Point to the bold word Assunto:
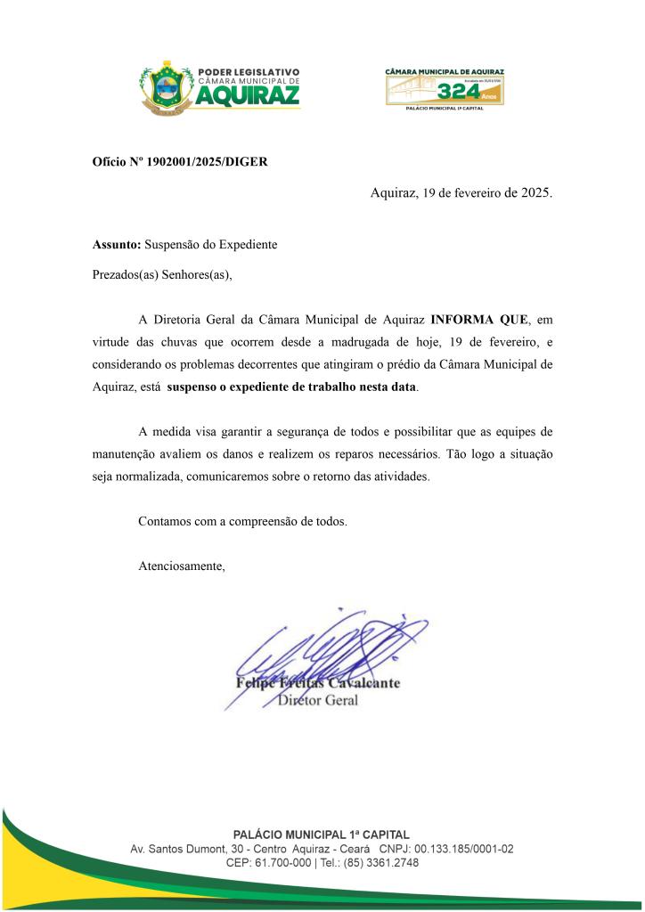click(117, 243)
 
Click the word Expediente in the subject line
click(249, 243)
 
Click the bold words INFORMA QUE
click(479, 318)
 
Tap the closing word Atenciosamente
click(182, 566)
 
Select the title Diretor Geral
click(318, 701)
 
